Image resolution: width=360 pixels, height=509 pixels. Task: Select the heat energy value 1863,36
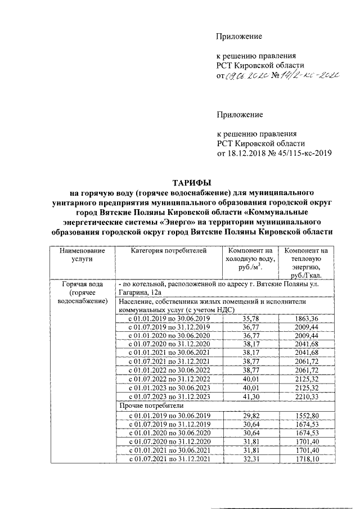click(307, 318)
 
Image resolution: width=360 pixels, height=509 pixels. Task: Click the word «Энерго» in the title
click(173, 222)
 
